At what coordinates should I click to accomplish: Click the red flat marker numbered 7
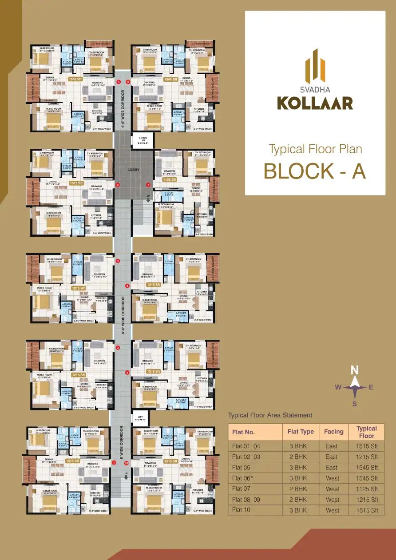(x=148, y=185)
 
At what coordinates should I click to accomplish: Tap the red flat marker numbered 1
(x=114, y=463)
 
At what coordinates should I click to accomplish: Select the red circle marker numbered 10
(x=127, y=463)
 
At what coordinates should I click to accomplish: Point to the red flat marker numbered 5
(x=118, y=82)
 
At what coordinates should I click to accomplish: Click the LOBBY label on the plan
(x=133, y=170)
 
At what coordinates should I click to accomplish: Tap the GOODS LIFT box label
(x=142, y=140)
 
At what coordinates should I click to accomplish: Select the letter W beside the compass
(x=338, y=387)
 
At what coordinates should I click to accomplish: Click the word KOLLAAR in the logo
(x=315, y=103)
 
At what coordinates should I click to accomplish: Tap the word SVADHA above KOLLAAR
(x=315, y=87)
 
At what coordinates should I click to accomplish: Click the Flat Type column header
(x=301, y=432)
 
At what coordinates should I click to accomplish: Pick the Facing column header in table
(x=333, y=432)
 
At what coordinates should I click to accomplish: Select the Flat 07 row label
(x=241, y=489)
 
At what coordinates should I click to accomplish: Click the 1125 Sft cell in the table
(x=366, y=489)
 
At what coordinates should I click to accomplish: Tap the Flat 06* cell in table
(x=242, y=478)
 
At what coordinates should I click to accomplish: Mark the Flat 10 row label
(x=241, y=510)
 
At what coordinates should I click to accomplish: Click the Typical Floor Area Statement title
(x=270, y=415)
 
